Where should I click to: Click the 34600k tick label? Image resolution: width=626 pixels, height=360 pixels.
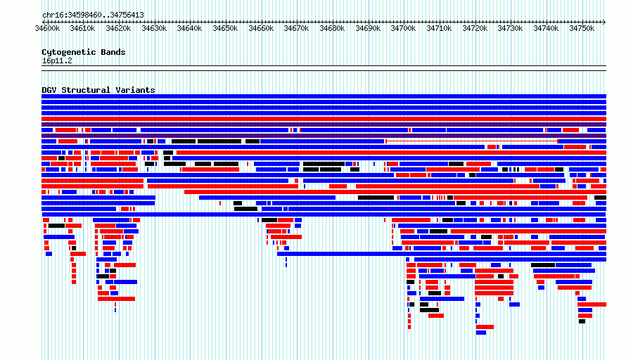click(47, 28)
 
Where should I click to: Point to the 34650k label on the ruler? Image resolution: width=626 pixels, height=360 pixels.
click(225, 28)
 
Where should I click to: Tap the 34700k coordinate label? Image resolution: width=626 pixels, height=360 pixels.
click(403, 28)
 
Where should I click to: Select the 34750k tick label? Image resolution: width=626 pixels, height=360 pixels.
click(582, 28)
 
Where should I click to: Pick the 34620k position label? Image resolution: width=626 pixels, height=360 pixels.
click(118, 28)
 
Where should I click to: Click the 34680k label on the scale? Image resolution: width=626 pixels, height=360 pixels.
click(332, 28)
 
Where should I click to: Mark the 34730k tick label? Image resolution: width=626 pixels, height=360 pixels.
click(510, 28)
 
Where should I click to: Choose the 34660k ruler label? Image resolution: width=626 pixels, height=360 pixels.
click(261, 28)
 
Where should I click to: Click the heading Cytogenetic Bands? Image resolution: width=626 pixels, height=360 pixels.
click(84, 52)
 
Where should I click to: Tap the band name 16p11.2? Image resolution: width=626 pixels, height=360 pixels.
click(57, 60)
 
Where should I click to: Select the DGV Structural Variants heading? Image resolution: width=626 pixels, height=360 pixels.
click(98, 90)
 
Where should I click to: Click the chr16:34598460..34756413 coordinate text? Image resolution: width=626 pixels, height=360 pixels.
click(93, 15)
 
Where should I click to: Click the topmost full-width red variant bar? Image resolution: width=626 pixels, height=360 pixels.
click(324, 119)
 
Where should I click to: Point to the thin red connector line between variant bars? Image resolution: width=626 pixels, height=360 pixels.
click(472, 141)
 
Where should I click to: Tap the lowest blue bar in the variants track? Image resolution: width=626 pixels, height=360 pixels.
click(481, 333)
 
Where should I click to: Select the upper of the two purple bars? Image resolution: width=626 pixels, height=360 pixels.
click(324, 124)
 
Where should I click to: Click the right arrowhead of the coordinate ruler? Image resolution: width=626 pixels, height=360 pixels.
click(604, 22)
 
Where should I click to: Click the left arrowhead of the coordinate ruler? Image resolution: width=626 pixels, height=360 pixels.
click(44, 22)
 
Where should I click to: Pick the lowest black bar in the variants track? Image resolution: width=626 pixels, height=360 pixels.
click(582, 321)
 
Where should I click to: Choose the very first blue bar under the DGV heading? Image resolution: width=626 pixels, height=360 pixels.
click(324, 96)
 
